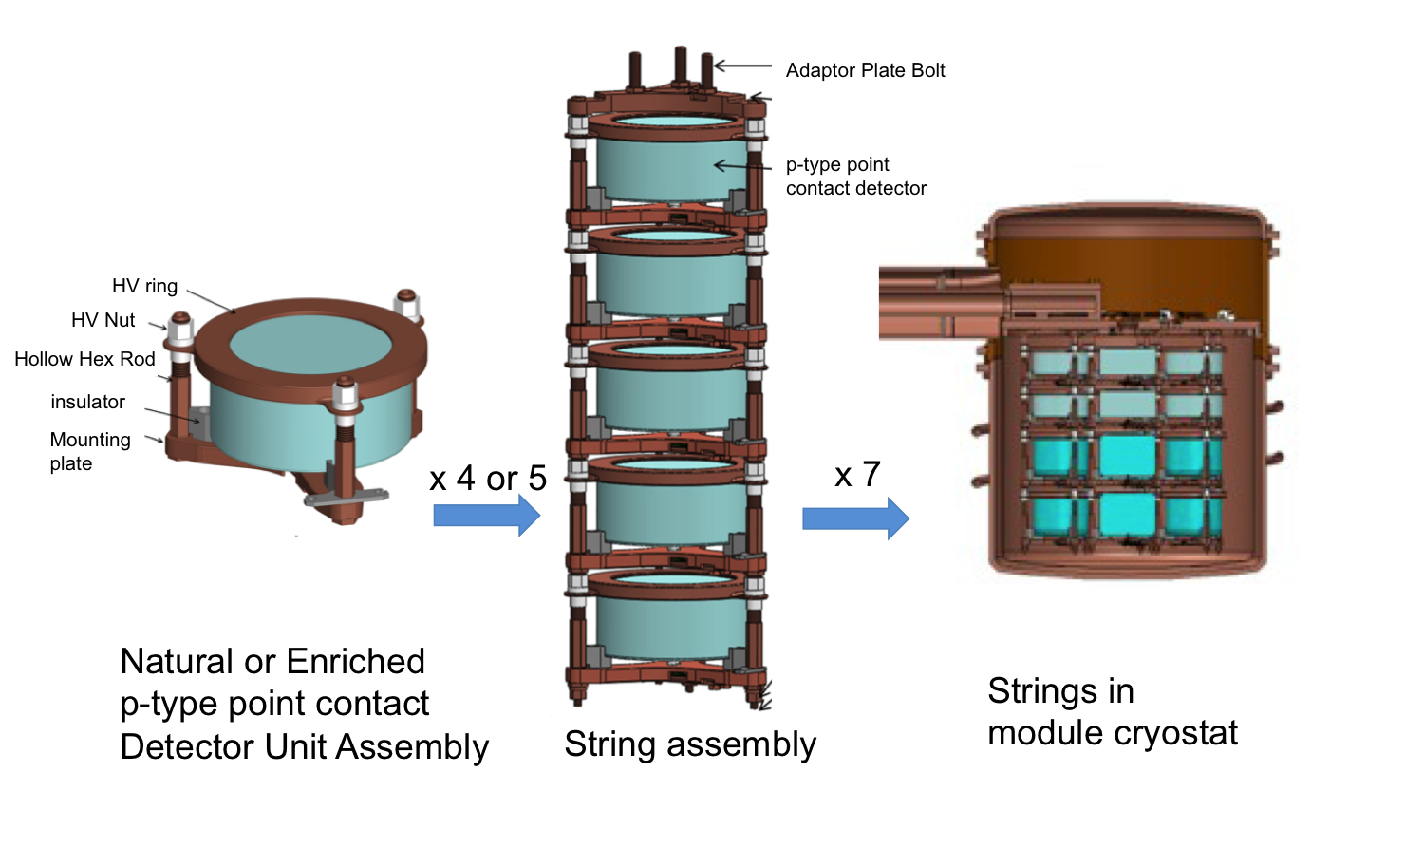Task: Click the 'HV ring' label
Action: point(144,286)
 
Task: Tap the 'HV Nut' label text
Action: point(103,320)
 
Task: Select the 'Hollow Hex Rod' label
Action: point(84,359)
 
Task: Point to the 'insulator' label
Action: point(87,402)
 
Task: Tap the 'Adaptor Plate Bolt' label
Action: point(865,70)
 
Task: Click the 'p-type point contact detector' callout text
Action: point(855,177)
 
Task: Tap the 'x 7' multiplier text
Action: point(857,475)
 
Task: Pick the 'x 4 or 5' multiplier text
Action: point(488,478)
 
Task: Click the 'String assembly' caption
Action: point(690,744)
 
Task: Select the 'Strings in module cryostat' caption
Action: point(1112,711)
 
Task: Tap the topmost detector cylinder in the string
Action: point(670,166)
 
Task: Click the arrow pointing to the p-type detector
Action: point(741,166)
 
